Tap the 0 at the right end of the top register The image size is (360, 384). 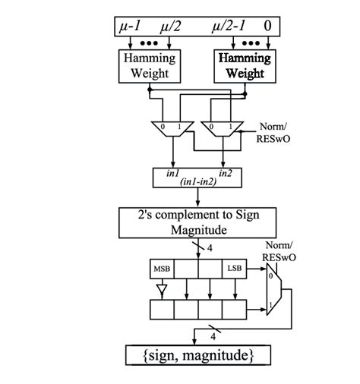click(x=267, y=27)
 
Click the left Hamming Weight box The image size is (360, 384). click(x=149, y=65)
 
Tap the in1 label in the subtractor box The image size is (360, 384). click(x=172, y=173)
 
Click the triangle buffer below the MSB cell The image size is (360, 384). click(x=161, y=288)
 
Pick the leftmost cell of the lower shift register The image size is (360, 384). click(x=162, y=310)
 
